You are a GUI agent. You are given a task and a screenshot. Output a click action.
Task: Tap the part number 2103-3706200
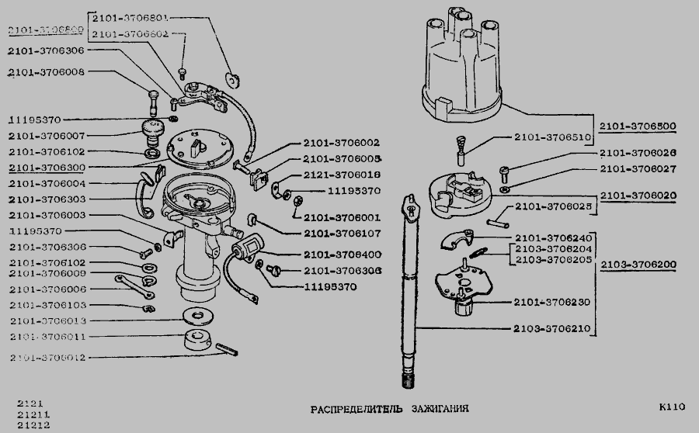(x=638, y=264)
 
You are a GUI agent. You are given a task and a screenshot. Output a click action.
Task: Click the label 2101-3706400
(x=342, y=255)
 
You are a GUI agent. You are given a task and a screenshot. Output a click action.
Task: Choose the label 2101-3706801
(x=130, y=16)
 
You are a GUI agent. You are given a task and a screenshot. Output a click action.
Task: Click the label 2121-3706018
(x=342, y=175)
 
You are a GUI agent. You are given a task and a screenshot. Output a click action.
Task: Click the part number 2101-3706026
(x=638, y=153)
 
